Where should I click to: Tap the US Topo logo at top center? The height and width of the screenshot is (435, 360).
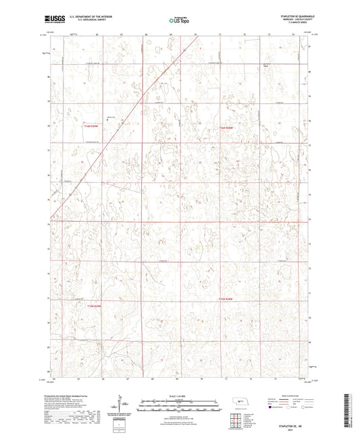[178, 21]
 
